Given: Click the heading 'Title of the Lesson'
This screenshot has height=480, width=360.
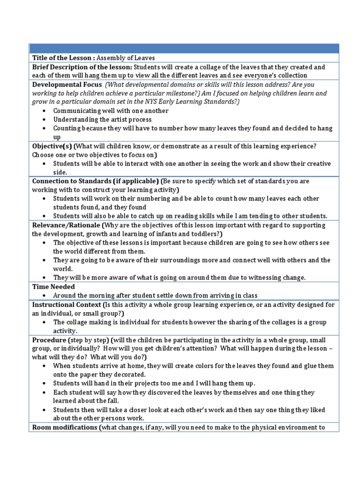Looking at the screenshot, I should click(x=63, y=58).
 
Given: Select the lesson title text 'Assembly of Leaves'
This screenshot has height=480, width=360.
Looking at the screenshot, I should click(x=127, y=58).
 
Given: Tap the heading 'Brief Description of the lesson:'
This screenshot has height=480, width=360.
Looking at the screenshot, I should click(x=82, y=67).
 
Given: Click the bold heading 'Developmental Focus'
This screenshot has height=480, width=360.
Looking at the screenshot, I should click(x=67, y=85).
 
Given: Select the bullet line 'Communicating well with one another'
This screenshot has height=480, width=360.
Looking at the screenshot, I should click(x=111, y=111).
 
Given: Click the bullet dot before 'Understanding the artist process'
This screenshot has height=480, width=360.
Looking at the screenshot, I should click(x=44, y=120).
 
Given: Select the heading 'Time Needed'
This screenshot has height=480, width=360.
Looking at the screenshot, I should click(x=53, y=286).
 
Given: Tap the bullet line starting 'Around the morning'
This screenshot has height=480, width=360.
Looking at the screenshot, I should click(x=155, y=295).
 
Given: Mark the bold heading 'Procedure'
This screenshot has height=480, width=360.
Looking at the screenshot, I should click(x=49, y=339).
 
